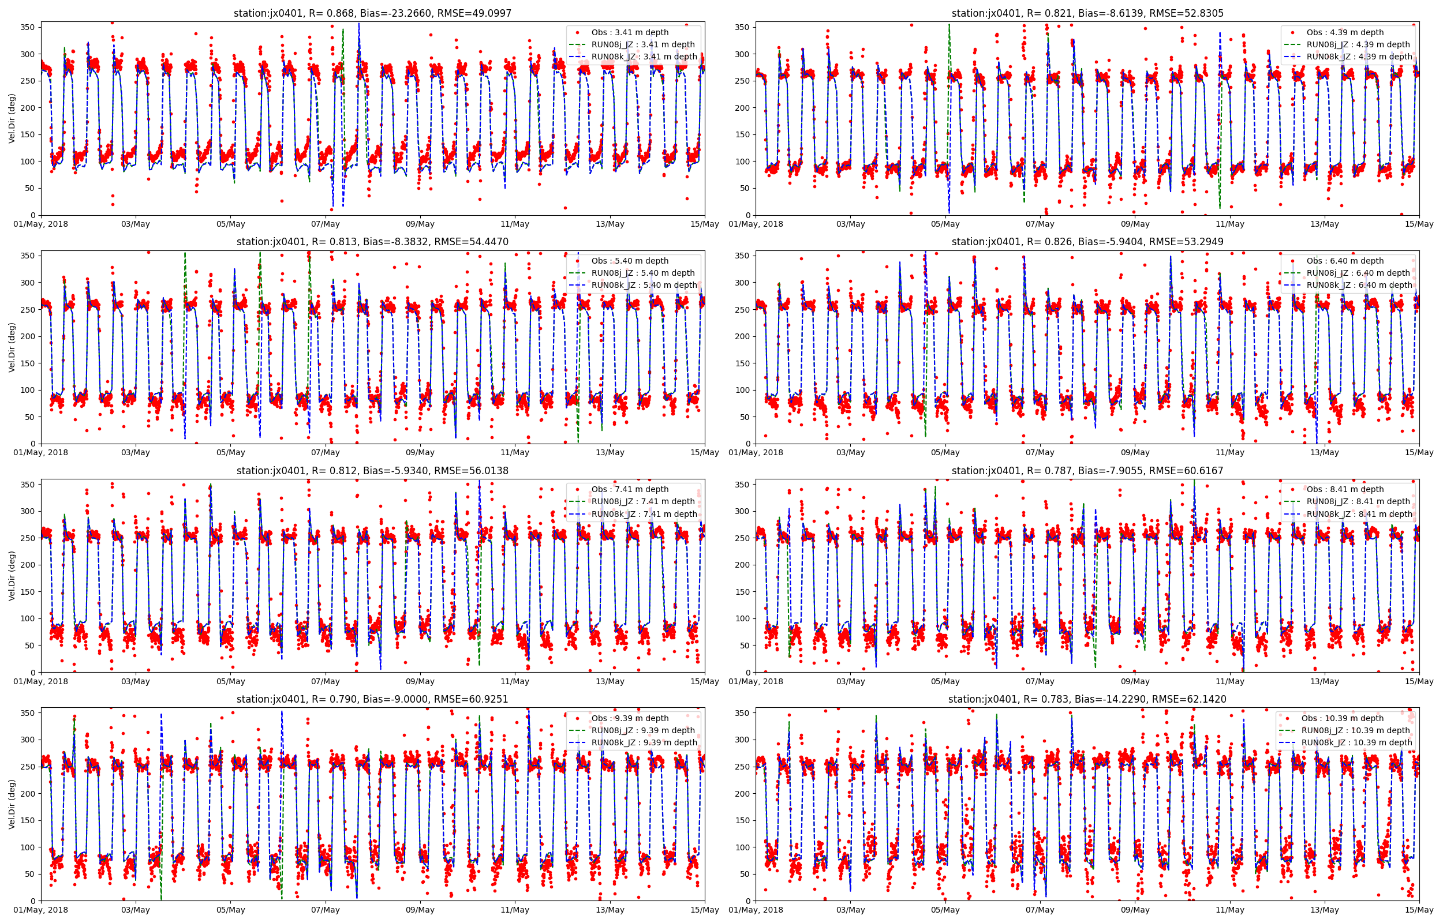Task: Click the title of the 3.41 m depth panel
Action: (372, 13)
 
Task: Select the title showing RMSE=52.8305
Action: (1087, 13)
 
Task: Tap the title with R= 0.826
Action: (1087, 242)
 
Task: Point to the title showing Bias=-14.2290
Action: (1087, 699)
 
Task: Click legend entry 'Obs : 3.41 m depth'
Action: (630, 32)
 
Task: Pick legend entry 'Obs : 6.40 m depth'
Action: (1345, 261)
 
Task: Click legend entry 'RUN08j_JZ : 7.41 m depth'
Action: (642, 501)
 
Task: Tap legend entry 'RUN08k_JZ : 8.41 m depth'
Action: (1359, 513)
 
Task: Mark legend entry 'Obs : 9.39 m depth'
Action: (630, 718)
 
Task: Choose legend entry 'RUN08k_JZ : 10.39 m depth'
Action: (1356, 742)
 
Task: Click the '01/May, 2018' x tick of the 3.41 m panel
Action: (41, 224)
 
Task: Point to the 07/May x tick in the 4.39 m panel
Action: (1040, 224)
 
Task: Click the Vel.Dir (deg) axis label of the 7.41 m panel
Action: (12, 575)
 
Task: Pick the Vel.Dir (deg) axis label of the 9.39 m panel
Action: (12, 804)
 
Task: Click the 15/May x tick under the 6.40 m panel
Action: (1418, 452)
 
